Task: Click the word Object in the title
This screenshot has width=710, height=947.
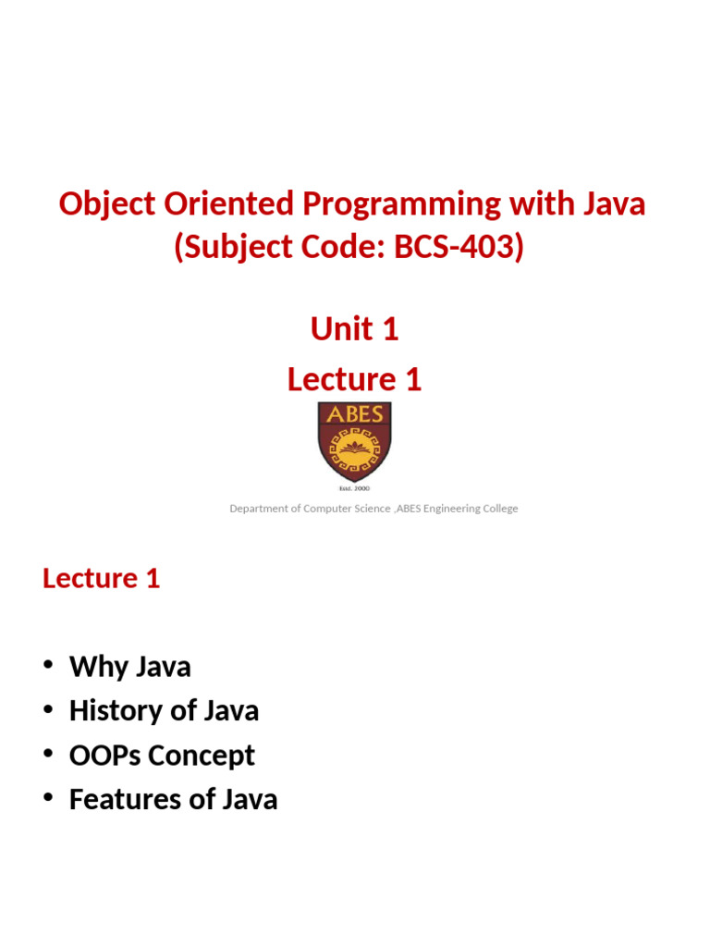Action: (101, 204)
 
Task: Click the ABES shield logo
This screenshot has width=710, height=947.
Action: (354, 441)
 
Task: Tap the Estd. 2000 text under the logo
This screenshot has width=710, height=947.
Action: (354, 487)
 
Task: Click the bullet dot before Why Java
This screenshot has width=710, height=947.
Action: (48, 667)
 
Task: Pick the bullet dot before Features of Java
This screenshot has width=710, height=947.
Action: (48, 800)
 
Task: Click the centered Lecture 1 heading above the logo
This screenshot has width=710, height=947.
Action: (354, 379)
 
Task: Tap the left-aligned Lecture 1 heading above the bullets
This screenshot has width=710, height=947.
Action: (102, 579)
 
